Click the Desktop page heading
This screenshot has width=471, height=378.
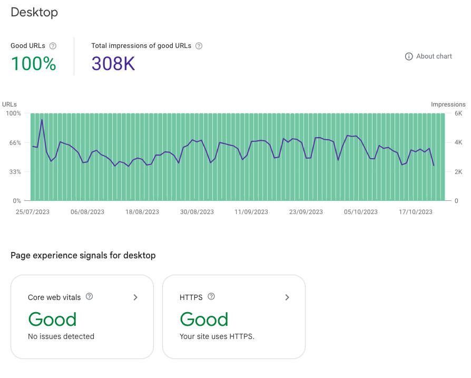(x=34, y=12)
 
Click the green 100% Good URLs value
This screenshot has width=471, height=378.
(x=33, y=64)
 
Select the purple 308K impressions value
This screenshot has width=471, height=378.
(x=113, y=64)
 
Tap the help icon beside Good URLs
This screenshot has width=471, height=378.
(x=53, y=46)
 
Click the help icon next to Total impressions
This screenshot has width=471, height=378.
(x=199, y=46)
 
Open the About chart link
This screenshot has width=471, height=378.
(x=428, y=56)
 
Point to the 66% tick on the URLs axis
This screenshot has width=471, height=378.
(x=14, y=142)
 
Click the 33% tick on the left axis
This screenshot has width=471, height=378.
(x=14, y=171)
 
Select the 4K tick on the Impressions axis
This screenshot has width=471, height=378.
(x=459, y=142)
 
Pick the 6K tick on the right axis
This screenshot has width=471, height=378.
(x=459, y=113)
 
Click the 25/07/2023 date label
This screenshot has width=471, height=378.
(x=33, y=212)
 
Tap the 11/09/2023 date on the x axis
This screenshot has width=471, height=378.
(x=251, y=212)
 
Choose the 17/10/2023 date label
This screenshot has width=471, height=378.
(x=416, y=212)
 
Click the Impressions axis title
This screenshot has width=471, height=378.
(x=448, y=104)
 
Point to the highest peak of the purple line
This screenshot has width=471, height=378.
(x=42, y=120)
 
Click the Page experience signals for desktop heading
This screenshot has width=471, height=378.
(x=83, y=256)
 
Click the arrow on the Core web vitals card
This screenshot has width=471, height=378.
(x=135, y=297)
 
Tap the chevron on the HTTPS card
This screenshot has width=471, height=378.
(x=287, y=297)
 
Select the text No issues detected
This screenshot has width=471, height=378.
(x=61, y=336)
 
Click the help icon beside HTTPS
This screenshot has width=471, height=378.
(x=211, y=297)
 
